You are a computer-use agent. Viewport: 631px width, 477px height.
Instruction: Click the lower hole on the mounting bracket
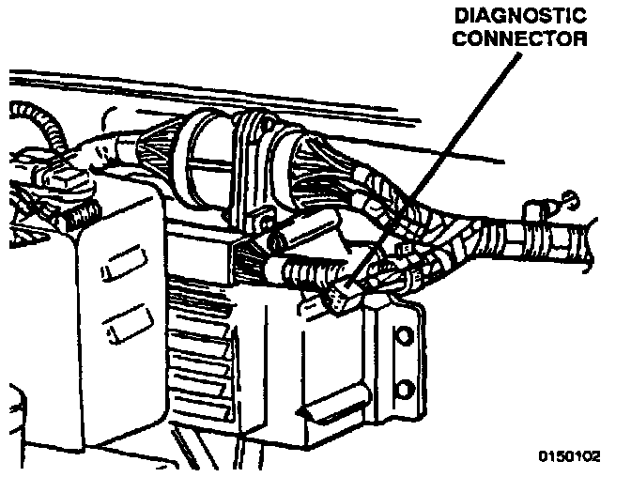(x=405, y=387)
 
